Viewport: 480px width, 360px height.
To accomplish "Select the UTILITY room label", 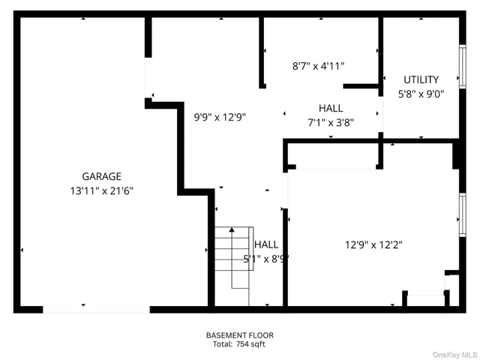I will pos(421,79).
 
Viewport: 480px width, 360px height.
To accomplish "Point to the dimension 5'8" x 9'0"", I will pos(421,94).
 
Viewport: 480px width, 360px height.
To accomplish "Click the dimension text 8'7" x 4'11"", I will pos(318,66).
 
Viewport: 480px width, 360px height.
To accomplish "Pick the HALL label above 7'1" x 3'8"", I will pos(331,108).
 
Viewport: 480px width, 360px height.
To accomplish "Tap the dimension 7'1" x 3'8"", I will pos(331,122).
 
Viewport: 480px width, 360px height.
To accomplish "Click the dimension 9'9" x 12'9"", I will pos(220,117).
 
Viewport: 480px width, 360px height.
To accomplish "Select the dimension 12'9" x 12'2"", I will pos(373,244).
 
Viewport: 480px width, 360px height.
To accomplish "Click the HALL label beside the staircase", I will pos(266,244).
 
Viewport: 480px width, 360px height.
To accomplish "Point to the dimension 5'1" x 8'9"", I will pos(266,259).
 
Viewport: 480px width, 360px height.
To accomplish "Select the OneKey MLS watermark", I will pos(453,353).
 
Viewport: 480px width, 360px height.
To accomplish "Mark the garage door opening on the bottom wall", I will pos(96,308).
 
